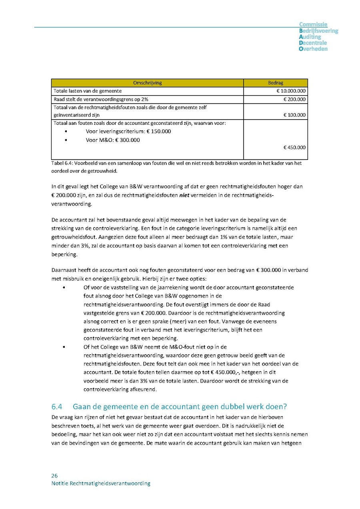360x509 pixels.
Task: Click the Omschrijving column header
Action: pyautogui.click(x=147, y=83)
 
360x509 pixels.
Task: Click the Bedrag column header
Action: pyautogui.click(x=275, y=83)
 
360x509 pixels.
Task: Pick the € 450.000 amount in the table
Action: pyautogui.click(x=294, y=147)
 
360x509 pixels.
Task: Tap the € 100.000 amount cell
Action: pyautogui.click(x=294, y=115)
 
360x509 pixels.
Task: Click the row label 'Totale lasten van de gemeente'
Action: pyautogui.click(x=88, y=91)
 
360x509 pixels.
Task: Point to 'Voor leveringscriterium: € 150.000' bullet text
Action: pyautogui.click(x=128, y=131)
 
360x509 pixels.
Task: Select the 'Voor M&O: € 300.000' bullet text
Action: pyautogui.click(x=113, y=140)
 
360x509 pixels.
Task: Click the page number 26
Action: pyautogui.click(x=54, y=476)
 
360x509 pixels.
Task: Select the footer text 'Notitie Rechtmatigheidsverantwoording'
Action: pyautogui.click(x=101, y=483)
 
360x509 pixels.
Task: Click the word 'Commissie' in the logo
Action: pyautogui.click(x=313, y=25)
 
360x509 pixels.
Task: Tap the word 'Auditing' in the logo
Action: pyautogui.click(x=310, y=37)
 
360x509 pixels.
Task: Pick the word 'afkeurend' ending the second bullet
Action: pyautogui.click(x=144, y=389)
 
